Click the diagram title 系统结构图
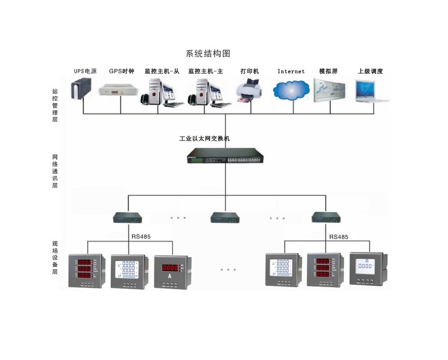point(208,54)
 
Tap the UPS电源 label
point(85,72)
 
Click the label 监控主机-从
point(162,72)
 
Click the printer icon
point(250,91)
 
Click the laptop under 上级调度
point(371,91)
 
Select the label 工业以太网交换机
point(204,138)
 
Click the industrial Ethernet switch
point(225,156)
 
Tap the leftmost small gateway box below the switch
point(128,217)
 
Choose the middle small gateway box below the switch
point(225,217)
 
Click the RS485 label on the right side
point(339,237)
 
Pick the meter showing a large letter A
point(170,271)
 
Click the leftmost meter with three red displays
point(86,271)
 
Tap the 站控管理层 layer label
point(55,105)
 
